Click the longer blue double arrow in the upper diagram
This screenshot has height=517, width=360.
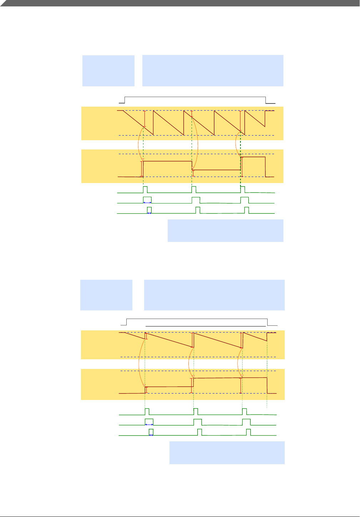point(147,202)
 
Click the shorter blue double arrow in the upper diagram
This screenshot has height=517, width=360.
point(149,213)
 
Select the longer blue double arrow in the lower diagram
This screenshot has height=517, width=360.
point(149,425)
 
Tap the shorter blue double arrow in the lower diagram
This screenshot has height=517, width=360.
point(151,435)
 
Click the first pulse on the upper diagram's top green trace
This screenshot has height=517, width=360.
point(145,189)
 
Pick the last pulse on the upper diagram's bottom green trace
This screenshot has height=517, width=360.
point(247,210)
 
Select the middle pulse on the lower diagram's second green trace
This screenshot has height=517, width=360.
point(198,422)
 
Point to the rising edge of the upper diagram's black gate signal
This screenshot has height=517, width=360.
point(125,100)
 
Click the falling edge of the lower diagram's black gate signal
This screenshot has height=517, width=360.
point(268,322)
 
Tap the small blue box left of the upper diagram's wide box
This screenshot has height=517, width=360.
point(108,71)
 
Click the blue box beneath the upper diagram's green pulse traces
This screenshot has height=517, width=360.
point(225,230)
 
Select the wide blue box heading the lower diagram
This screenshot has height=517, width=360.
point(214,295)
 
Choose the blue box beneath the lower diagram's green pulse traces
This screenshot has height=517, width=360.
point(227,452)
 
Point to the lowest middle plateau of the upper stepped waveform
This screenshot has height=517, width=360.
point(217,170)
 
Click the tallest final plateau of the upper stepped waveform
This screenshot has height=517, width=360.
point(253,157)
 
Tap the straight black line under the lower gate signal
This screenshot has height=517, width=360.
point(206,326)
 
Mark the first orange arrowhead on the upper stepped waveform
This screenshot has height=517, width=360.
point(143,159)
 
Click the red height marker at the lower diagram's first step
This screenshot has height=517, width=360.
point(146,390)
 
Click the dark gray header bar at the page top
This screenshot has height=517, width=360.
point(180,3)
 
